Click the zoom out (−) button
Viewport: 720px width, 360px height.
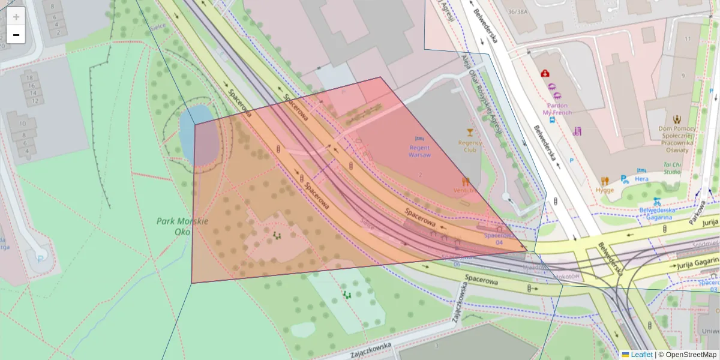(16, 35)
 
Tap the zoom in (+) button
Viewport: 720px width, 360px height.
(16, 17)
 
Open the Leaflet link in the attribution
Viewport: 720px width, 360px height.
(641, 355)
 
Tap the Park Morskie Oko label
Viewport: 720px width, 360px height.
(182, 226)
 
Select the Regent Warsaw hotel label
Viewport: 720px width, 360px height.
(419, 151)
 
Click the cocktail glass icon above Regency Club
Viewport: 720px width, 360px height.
(470, 133)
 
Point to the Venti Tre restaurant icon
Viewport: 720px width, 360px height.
(466, 181)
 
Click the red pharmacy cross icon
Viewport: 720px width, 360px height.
(545, 73)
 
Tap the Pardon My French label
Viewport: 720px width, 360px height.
(557, 109)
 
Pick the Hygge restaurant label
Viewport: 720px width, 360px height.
(605, 190)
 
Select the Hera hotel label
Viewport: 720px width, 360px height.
(642, 179)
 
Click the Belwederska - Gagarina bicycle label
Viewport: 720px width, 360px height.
(658, 213)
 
